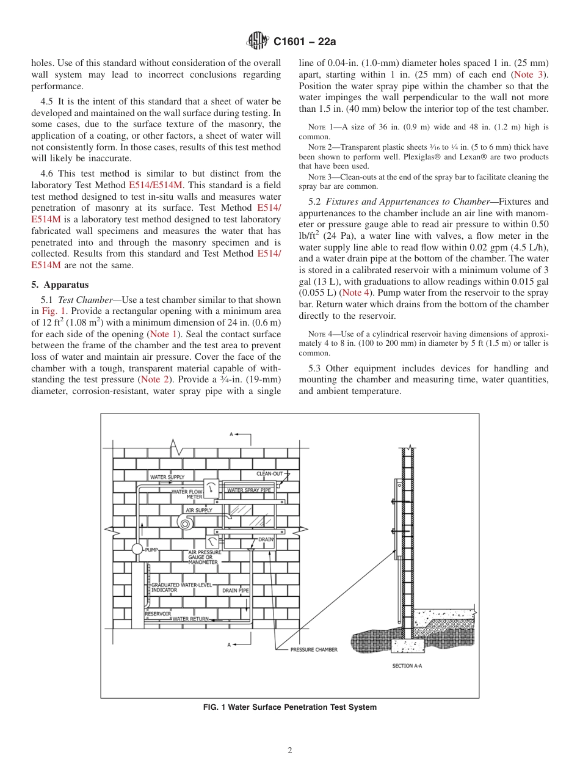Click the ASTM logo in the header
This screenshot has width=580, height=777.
coord(257,42)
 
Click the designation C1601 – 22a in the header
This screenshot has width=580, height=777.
coord(305,42)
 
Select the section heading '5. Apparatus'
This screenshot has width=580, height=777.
coord(60,285)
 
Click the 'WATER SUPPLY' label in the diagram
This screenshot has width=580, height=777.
coord(167,476)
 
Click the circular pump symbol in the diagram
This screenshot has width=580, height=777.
coord(137,549)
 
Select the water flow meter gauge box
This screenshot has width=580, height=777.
coord(211,489)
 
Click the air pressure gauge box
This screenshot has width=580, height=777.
coord(212,542)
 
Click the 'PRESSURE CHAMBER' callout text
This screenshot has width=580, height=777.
coord(313,649)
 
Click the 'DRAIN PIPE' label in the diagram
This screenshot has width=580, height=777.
coord(235,591)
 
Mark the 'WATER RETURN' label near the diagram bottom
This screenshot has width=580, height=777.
coord(190,619)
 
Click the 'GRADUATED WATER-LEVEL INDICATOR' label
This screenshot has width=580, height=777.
coord(177,588)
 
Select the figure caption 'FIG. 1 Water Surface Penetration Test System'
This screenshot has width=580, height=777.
coord(289,707)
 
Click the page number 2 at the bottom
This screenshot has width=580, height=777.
coord(290,751)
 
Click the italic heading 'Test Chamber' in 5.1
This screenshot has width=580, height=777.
coord(86,300)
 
